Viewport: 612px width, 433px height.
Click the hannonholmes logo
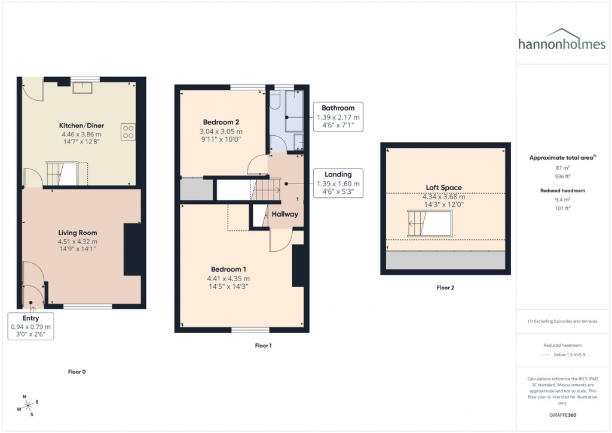[563, 40]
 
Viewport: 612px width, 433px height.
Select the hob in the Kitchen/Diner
[128, 131]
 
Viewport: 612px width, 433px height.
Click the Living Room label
[78, 233]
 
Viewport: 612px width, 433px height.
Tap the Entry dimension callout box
[31, 326]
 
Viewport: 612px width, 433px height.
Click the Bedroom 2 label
[221, 122]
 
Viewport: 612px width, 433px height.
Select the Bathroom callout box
[338, 117]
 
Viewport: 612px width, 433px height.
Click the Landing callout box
[338, 183]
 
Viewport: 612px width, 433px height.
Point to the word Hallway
[285, 214]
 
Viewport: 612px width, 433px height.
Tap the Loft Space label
[443, 187]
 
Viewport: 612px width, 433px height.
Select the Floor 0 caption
[77, 371]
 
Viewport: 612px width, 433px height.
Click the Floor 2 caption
[445, 288]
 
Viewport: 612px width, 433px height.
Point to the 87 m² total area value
[562, 168]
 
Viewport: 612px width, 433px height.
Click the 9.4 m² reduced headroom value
[562, 199]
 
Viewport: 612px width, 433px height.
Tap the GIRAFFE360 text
[562, 414]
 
